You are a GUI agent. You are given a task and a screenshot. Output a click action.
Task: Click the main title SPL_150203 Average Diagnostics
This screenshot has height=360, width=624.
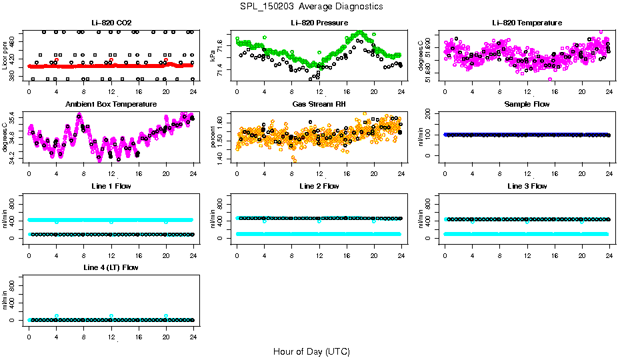point(312,6)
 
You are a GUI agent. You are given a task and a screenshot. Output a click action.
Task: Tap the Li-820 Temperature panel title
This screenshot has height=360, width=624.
point(527,23)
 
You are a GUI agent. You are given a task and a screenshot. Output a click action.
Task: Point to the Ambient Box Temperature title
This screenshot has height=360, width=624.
point(111,105)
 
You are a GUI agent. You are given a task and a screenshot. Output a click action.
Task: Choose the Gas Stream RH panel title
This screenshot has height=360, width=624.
point(319,105)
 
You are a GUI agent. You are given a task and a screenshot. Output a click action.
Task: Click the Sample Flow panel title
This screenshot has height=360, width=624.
point(527,105)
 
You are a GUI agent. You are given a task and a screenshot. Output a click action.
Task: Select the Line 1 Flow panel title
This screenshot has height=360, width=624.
point(111,186)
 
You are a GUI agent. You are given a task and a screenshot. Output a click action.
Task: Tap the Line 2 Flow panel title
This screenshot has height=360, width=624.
point(319,186)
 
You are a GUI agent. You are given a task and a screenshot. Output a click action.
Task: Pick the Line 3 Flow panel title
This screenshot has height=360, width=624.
point(527,186)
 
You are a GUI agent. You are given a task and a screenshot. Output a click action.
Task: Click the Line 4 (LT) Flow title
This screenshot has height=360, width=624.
point(111,267)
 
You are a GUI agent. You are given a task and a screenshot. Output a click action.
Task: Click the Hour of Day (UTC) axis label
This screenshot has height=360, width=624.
point(312,351)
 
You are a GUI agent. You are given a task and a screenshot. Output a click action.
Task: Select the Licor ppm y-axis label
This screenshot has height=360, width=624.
point(5,55)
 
